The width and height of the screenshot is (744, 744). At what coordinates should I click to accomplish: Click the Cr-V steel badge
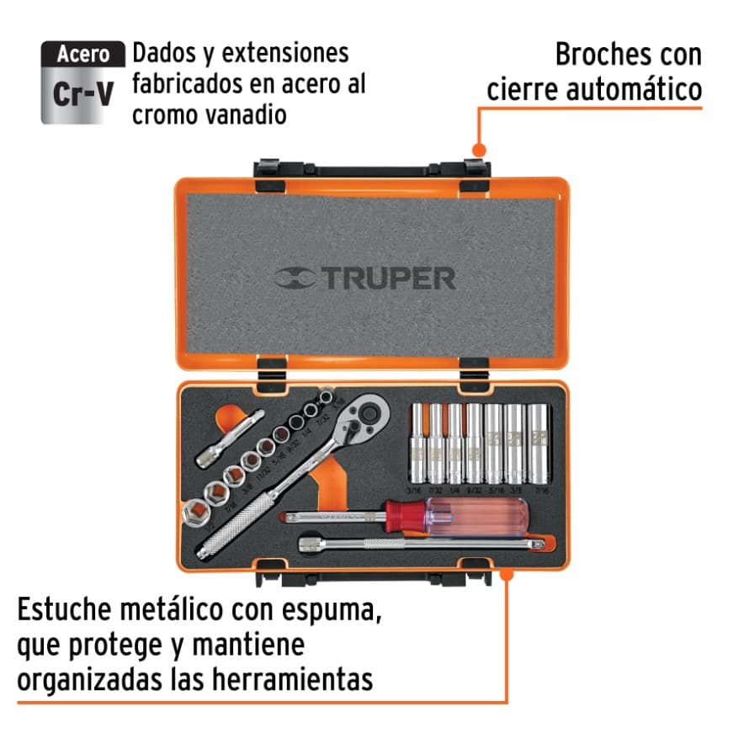pyautogui.click(x=82, y=82)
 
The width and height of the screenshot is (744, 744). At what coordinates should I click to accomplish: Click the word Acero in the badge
pyautogui.click(x=82, y=56)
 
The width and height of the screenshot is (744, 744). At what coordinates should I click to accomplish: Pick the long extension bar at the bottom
pyautogui.click(x=421, y=545)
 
